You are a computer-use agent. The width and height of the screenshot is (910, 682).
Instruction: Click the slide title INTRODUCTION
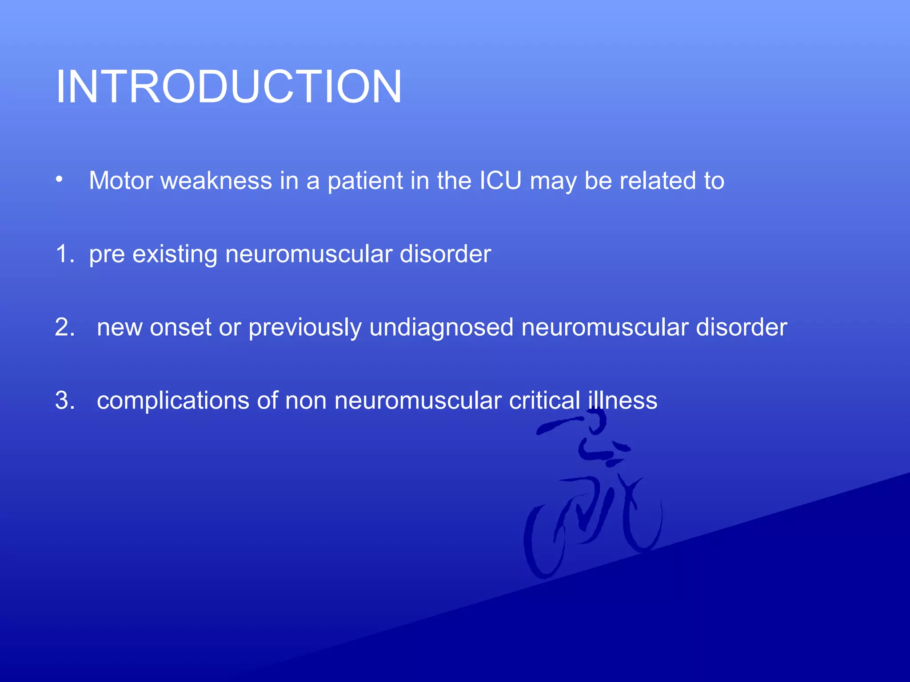pyautogui.click(x=229, y=87)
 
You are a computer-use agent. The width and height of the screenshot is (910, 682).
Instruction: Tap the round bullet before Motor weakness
pyautogui.click(x=59, y=180)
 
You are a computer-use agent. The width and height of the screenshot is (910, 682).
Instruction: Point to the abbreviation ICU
pyautogui.click(x=500, y=181)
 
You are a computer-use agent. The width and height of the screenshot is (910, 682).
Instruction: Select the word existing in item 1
pyautogui.click(x=175, y=255)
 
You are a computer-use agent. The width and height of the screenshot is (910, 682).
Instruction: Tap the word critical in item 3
pyautogui.click(x=545, y=401)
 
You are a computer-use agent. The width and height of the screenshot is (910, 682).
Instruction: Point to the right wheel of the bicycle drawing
pyautogui.click(x=643, y=519)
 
